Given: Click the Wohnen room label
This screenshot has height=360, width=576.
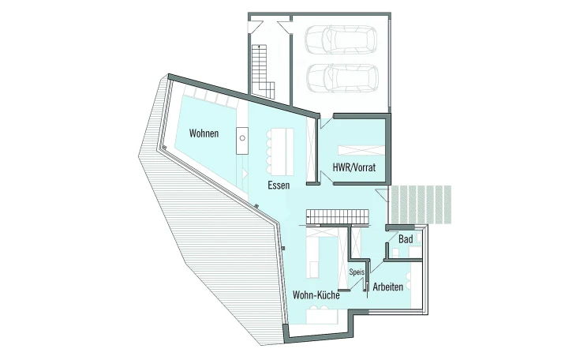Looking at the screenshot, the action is [x=204, y=133].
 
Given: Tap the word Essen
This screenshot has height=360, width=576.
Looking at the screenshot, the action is [x=279, y=185].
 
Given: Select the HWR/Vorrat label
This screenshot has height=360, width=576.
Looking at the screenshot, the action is [x=354, y=167].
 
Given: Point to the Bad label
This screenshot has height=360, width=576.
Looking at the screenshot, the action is [x=406, y=239].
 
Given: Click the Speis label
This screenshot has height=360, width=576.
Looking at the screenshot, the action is [x=357, y=272].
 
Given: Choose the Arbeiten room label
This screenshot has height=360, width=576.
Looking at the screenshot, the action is [x=388, y=287].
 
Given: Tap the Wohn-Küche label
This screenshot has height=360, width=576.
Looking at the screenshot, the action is [x=316, y=294].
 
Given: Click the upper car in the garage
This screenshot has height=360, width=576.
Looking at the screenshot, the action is [x=341, y=39].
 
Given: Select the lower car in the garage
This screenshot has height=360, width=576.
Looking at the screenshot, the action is [x=342, y=78].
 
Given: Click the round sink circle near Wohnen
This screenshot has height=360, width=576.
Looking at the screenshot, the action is [x=242, y=138].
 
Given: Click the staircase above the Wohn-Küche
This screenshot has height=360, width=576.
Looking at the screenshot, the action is [x=337, y=216].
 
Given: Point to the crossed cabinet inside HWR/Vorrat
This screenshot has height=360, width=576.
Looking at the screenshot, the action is [x=361, y=151].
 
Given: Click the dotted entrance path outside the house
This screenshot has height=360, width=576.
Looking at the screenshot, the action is [x=421, y=204].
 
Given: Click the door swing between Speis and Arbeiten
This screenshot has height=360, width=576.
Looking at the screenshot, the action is [x=377, y=266].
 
